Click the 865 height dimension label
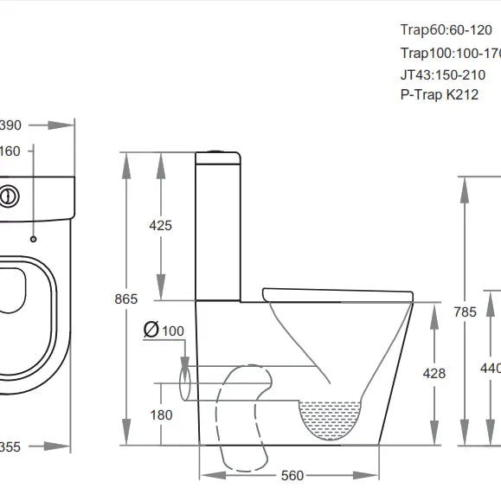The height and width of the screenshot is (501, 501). point(126,299)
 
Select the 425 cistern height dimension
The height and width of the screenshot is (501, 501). point(161,225)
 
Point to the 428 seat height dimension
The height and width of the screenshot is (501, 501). point(434,373)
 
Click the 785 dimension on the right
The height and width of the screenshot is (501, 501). point(466,312)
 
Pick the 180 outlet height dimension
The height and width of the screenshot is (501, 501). point(161,414)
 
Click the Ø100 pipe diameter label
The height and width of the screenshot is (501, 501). point(164,331)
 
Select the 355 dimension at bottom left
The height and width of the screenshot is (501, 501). point(10,446)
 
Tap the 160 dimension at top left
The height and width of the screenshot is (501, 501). point(9,151)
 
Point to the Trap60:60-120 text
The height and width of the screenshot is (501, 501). point(446,31)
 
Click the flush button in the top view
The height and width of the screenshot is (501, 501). point(8,196)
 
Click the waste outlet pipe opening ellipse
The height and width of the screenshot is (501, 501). point(184,382)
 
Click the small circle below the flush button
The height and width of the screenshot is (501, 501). point(33,238)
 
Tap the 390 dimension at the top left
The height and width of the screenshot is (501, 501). point(10,125)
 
